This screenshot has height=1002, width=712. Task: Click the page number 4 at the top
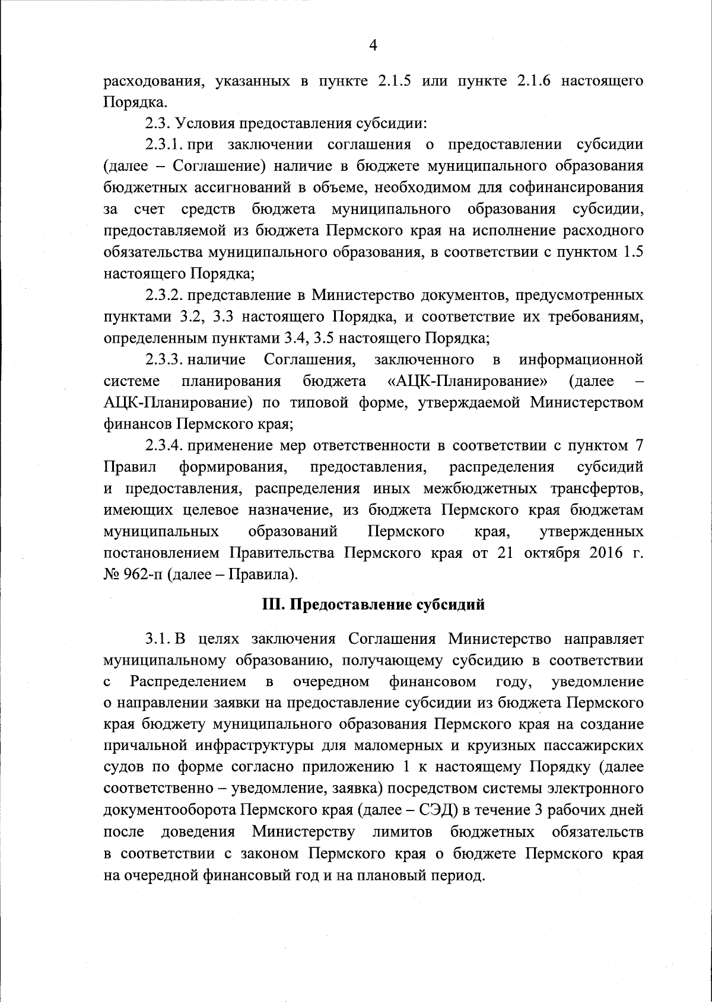pos(373,45)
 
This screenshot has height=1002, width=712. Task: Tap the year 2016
pos(597,553)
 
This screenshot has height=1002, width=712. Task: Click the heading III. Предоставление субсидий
pos(373,605)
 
